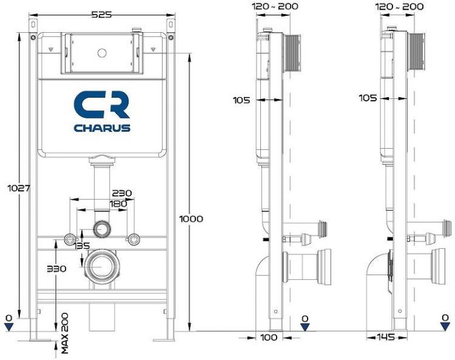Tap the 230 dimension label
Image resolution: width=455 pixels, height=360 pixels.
(121, 193)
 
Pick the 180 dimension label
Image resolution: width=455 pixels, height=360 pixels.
(119, 203)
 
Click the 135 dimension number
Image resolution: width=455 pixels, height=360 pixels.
(81, 246)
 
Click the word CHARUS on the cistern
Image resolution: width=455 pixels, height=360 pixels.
(102, 128)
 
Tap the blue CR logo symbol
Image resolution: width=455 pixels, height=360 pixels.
(102, 104)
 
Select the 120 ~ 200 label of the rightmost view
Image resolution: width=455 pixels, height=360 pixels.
(400, 6)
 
